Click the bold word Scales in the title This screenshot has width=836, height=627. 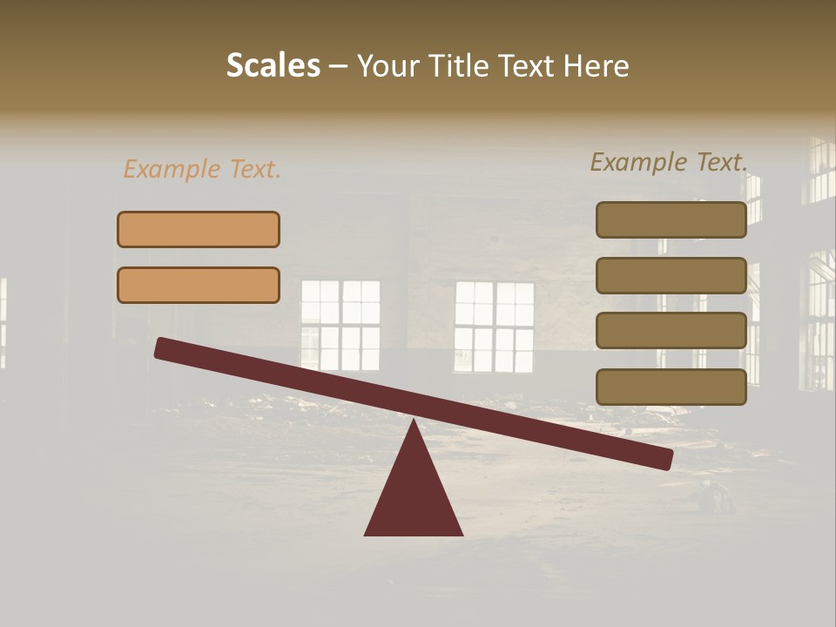click(273, 66)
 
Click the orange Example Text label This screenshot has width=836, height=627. click(202, 170)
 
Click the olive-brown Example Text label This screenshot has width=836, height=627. click(669, 162)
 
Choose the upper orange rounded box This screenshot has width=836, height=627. click(199, 229)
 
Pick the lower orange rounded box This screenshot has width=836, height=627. click(199, 285)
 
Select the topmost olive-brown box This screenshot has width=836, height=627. click(671, 219)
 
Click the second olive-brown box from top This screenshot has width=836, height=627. click(671, 275)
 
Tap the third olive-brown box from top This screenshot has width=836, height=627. click(671, 330)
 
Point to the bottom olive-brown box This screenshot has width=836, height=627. click(671, 387)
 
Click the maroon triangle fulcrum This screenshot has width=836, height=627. click(414, 496)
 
